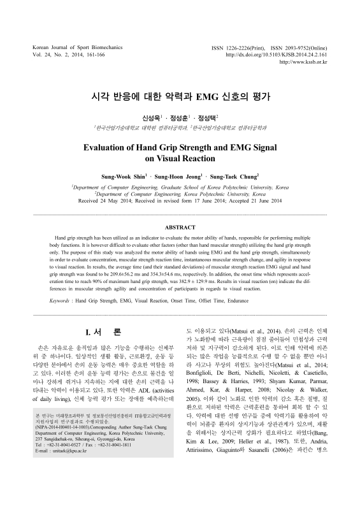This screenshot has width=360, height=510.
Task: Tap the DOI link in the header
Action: click(280, 55)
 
